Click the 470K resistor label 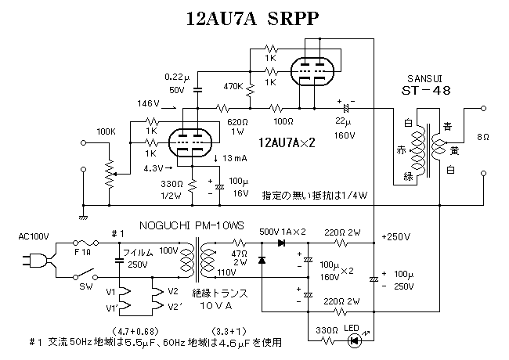pyautogui.click(x=232, y=86)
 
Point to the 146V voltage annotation pyautogui.click(x=147, y=103)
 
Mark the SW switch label pyautogui.click(x=85, y=286)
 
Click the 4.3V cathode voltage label pyautogui.click(x=153, y=167)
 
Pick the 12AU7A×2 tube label pyautogui.click(x=290, y=142)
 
